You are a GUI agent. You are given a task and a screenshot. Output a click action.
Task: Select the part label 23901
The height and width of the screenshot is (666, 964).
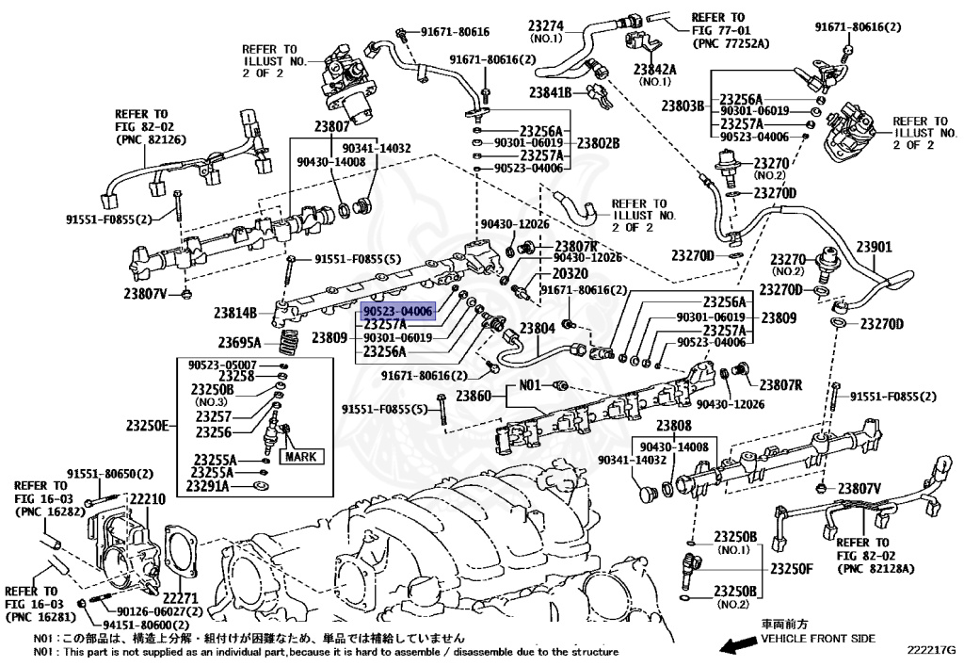coord(872,247)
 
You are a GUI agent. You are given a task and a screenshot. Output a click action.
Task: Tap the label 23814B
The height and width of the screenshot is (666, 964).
coord(235,312)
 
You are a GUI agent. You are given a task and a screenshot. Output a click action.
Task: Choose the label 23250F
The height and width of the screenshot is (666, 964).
coord(791,568)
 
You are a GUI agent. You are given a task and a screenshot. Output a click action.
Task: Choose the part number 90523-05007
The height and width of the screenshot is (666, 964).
coord(222,364)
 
